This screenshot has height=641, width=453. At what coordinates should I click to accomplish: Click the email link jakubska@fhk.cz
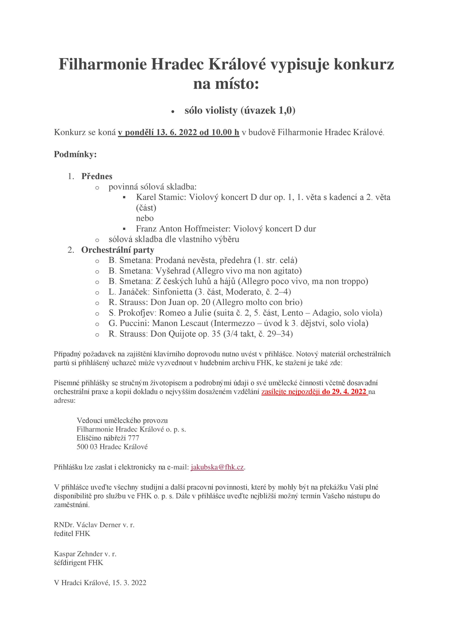coord(217,467)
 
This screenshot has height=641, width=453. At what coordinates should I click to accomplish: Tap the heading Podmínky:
coord(75,154)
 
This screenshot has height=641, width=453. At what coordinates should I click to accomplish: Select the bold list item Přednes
coord(97,177)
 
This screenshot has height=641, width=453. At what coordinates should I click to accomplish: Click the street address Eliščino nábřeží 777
coord(108,438)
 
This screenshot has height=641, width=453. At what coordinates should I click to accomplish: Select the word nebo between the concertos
coord(145,218)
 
